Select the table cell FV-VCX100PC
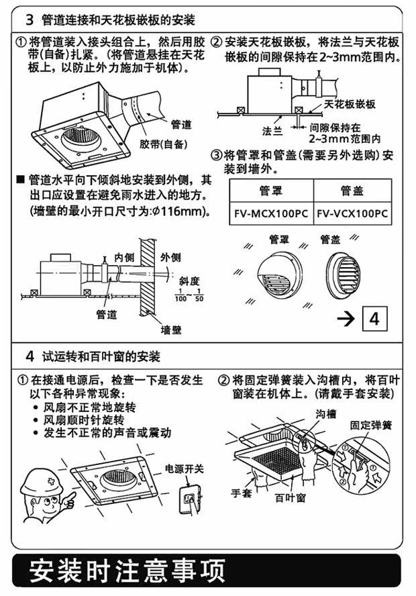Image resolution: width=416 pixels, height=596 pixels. (353, 214)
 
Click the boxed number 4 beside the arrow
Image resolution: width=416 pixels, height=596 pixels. (374, 319)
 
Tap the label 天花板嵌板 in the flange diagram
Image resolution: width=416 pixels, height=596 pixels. (350, 104)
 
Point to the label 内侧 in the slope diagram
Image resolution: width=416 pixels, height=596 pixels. (124, 257)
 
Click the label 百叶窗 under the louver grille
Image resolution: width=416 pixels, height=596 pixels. (291, 499)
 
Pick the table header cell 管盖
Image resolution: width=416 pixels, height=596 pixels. (352, 191)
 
